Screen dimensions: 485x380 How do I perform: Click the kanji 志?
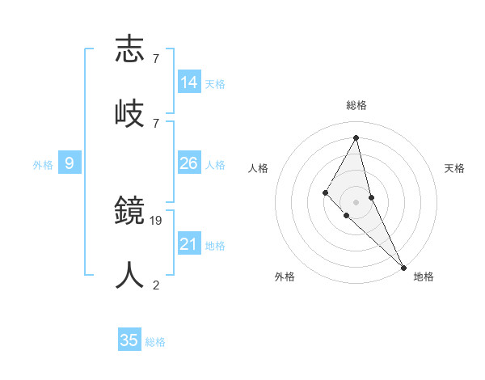[x=130, y=49]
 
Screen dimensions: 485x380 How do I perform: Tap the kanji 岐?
[x=130, y=112]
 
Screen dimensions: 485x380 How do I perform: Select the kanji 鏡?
[x=130, y=212]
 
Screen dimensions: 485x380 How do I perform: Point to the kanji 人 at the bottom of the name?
[x=130, y=276]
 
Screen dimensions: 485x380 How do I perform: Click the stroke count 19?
[x=156, y=220]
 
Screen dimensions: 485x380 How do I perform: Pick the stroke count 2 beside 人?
[x=156, y=285]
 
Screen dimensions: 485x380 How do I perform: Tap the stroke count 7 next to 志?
[x=156, y=59]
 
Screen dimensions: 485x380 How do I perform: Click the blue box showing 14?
[x=189, y=82]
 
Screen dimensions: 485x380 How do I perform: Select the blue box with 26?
[x=189, y=163]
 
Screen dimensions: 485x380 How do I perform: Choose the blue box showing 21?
[x=189, y=244]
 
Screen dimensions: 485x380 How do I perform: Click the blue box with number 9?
[x=70, y=163]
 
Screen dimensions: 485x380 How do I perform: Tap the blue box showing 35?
[x=129, y=340]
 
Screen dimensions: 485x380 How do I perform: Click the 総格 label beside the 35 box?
[x=155, y=342]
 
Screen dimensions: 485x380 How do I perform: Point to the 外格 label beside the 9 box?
[x=43, y=165]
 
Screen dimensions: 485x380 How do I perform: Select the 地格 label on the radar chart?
[x=424, y=277]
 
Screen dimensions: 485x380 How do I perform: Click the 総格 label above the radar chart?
[x=356, y=105]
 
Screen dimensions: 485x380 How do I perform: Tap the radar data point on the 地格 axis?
[x=403, y=267]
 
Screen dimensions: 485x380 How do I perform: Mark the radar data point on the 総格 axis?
[x=356, y=137]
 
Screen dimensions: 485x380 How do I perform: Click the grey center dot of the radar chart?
[x=356, y=201]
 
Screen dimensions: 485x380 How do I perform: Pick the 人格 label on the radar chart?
[x=259, y=168]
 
